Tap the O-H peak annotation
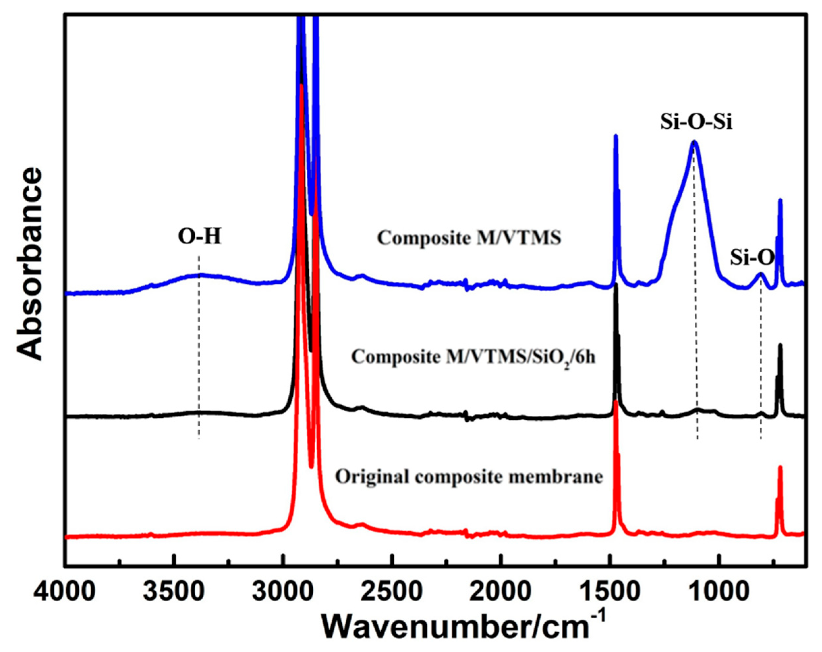pyautogui.click(x=199, y=237)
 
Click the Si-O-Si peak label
pyautogui.click(x=696, y=123)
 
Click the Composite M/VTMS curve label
pyautogui.click(x=469, y=238)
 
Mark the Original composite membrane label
pyautogui.click(x=469, y=477)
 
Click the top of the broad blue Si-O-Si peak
pyautogui.click(x=694, y=142)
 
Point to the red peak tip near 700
pyautogui.click(x=780, y=468)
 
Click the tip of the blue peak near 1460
pyautogui.click(x=615, y=136)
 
